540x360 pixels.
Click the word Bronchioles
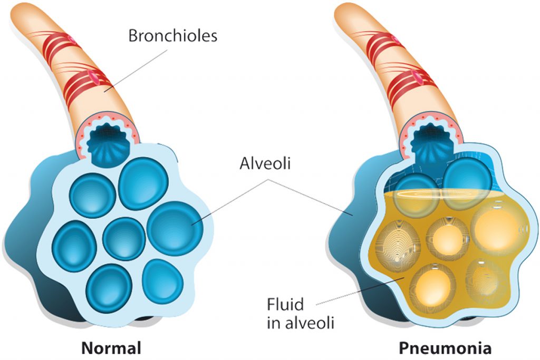[x=173, y=36]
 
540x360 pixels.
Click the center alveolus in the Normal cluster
[x=124, y=238]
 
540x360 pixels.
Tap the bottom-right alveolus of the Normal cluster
[x=162, y=280]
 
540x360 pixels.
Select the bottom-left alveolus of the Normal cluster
[x=109, y=287]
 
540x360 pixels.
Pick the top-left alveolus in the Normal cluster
[x=93, y=195]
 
